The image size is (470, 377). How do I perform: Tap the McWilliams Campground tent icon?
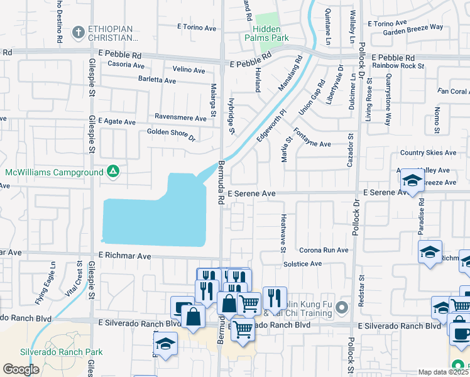(112, 171)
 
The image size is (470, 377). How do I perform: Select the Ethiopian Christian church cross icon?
(78, 31)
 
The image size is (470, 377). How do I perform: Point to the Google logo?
(21, 369)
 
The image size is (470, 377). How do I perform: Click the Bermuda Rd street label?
(221, 182)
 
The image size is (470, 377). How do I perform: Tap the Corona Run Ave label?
(324, 249)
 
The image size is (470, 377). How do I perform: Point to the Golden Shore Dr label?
(172, 133)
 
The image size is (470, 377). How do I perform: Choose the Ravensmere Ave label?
(181, 118)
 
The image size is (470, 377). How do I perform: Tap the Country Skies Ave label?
(428, 153)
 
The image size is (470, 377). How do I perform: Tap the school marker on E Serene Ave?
(412, 182)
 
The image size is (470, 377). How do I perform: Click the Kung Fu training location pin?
(342, 307)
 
